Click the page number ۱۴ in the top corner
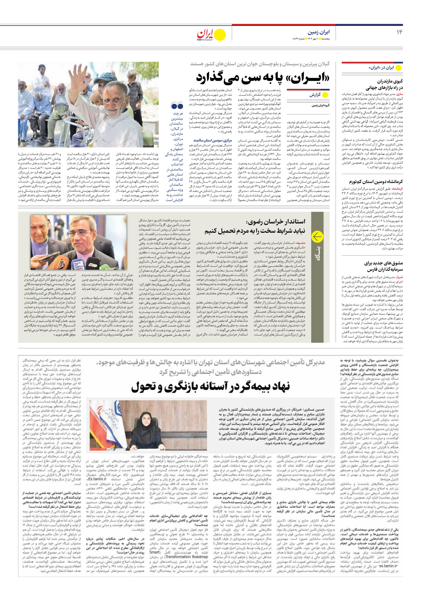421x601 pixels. [x=399, y=32]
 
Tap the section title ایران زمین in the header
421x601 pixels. [x=318, y=32]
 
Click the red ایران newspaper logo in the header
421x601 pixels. [x=205, y=34]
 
